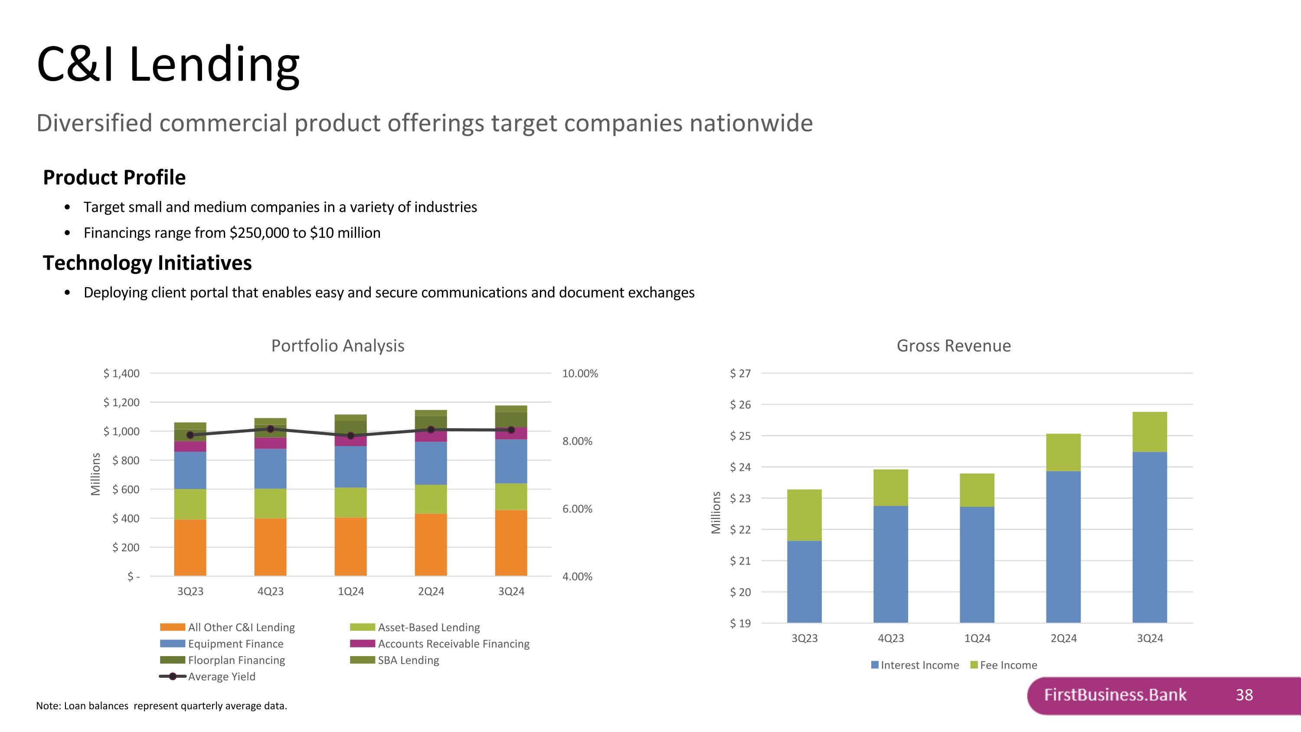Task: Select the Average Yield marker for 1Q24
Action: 350,436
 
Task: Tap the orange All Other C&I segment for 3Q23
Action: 190,548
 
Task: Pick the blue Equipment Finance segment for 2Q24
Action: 431,463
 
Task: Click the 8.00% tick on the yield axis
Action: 577,441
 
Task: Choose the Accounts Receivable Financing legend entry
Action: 453,643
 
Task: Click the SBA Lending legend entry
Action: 408,660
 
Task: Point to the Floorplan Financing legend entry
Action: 236,660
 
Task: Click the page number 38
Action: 1244,695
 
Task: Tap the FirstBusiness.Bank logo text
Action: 1115,695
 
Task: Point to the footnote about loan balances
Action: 161,706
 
